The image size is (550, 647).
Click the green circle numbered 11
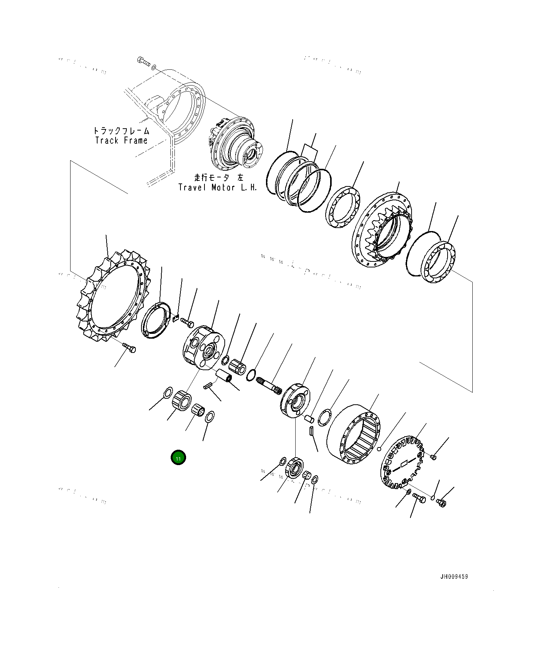pyautogui.click(x=178, y=458)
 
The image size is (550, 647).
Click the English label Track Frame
pyautogui.click(x=121, y=141)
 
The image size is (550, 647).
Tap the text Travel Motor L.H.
pyautogui.click(x=218, y=188)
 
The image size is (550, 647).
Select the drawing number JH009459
pyautogui.click(x=454, y=576)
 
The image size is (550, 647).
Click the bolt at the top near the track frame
pyautogui.click(x=143, y=62)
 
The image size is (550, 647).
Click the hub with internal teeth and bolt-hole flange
pyautogui.click(x=382, y=230)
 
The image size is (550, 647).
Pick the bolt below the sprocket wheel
pyautogui.click(x=129, y=348)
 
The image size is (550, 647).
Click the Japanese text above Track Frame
pyautogui.click(x=121, y=131)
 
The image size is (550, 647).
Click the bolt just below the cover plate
pyautogui.click(x=419, y=498)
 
